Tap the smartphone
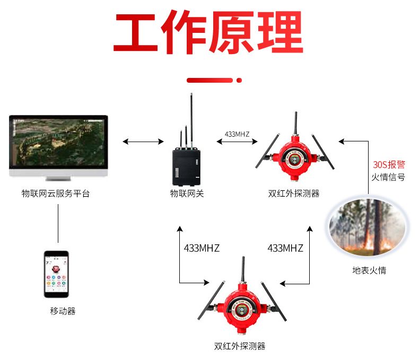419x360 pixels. [56, 275]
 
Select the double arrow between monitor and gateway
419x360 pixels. [143, 142]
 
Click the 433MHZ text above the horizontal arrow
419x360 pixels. [237, 134]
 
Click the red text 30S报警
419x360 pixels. [389, 165]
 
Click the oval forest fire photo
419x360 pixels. [367, 228]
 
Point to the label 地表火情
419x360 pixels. [369, 270]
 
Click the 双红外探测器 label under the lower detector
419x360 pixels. [240, 346]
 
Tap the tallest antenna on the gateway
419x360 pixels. [190, 119]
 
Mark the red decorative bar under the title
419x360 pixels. [211, 80]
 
